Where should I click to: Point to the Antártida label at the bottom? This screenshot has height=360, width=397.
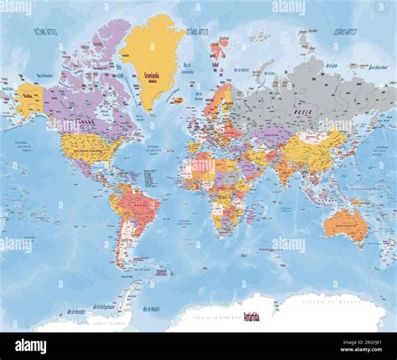click(251, 316)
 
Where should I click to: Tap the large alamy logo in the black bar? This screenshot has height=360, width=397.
click(30, 346)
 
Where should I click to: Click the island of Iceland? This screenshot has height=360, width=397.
click(178, 100)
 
